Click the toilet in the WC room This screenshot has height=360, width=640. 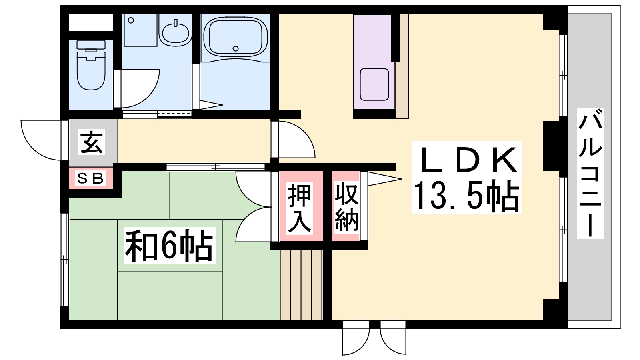point(91,70)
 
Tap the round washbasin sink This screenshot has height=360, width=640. point(175,32)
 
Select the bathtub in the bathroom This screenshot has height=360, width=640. point(235,36)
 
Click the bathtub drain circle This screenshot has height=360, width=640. point(236,49)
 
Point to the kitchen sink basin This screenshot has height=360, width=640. point(374,84)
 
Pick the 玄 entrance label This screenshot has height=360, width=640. point(92,142)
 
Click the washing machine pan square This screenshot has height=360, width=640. point(140,30)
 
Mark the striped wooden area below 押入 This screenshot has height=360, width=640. point(301,285)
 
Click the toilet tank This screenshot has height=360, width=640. point(91,45)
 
